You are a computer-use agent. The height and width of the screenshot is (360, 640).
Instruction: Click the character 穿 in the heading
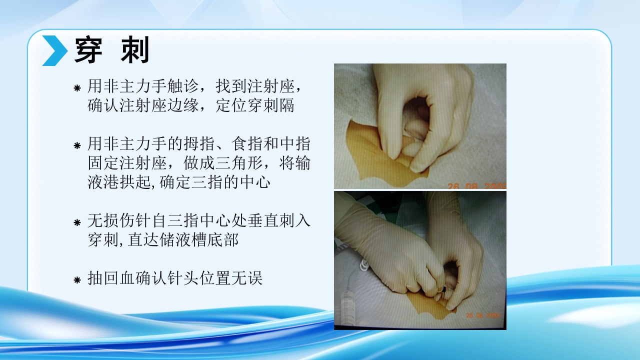tap(88, 50)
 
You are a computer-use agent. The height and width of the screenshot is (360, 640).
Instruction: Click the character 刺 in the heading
tap(135, 50)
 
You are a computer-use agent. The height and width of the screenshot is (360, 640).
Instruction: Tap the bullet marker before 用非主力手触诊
tap(77, 88)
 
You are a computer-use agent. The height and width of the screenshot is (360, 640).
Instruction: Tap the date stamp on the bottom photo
tap(482, 315)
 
